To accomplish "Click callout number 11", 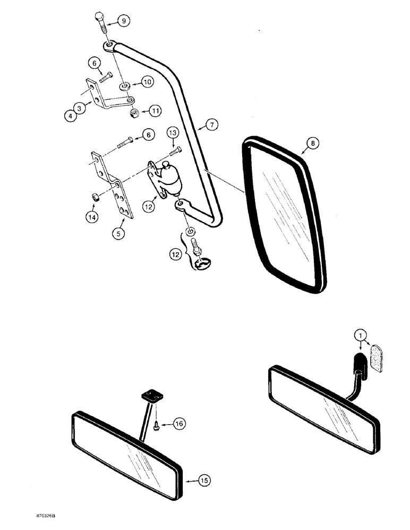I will (155, 111).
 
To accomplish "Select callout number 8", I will (313, 143).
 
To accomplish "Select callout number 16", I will (180, 424).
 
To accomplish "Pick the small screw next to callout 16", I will (157, 425).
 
